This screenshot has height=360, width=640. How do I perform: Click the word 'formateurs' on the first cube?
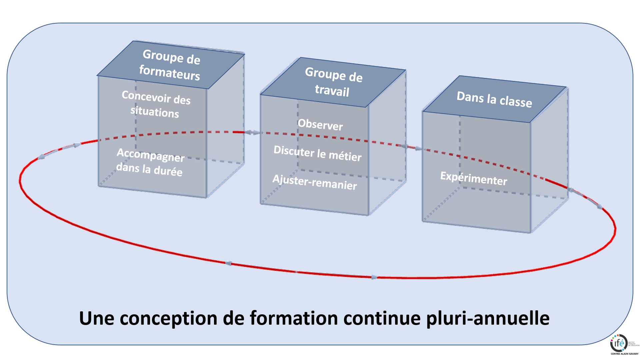pos(169,72)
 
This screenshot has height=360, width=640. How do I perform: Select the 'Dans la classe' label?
pos(494,99)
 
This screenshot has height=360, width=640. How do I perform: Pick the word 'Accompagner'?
pos(150,155)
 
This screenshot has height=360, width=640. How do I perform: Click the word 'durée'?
pos(168,171)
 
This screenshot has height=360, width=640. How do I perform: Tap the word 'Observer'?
pos(320,125)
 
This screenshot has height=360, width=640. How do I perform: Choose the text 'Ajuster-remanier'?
pos(315,182)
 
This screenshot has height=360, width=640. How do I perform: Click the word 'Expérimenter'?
pos(474,178)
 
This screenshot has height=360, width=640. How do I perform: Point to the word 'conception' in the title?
pos(168,318)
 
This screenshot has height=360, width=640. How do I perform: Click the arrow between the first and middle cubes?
pos(252,133)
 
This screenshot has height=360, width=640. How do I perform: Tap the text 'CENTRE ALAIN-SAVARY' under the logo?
pos(624,354)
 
